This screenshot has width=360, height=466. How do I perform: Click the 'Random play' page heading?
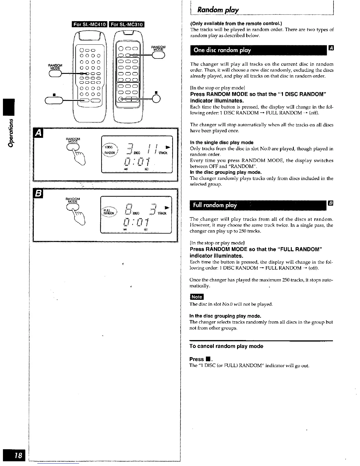pyautogui.click(x=218, y=10)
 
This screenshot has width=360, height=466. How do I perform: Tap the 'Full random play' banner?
pyautogui.click(x=214, y=205)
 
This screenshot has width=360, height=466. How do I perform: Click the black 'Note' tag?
pyautogui.click(x=196, y=297)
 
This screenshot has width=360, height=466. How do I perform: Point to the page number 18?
pyautogui.click(x=18, y=455)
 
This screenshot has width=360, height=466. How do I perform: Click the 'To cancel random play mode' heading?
pyautogui.click(x=226, y=346)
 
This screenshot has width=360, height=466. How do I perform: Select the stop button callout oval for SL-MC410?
pyautogui.click(x=54, y=101)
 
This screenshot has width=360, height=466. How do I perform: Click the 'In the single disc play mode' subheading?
pyautogui.click(x=221, y=142)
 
